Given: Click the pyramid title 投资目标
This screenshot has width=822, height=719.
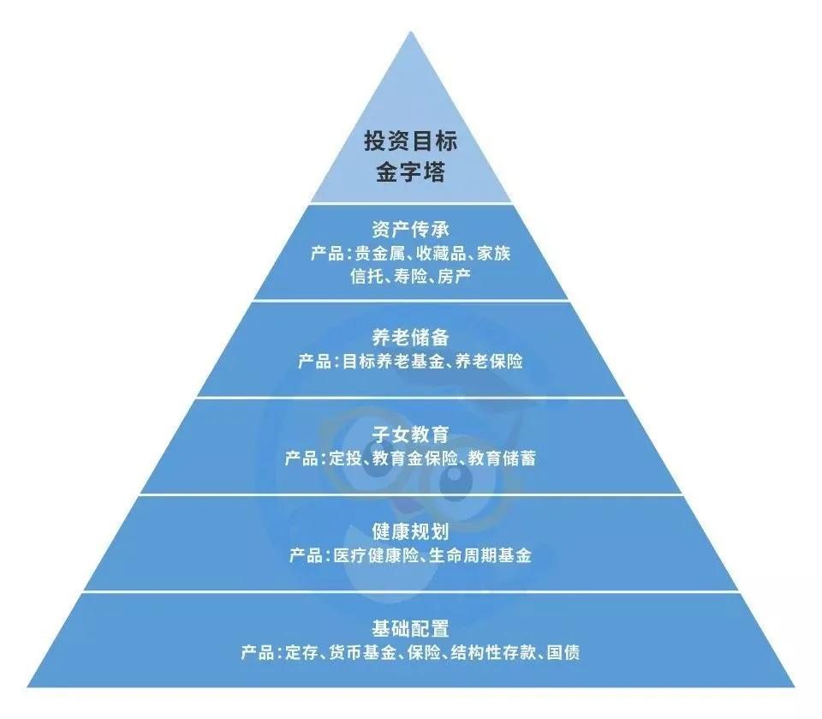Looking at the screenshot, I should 411,141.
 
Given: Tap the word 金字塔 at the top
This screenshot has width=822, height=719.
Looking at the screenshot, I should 411,171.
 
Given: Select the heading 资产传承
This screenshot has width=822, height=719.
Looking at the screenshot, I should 411,230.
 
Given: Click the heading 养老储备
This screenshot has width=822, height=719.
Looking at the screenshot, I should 411,337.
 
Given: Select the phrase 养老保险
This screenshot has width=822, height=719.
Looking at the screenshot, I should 489,361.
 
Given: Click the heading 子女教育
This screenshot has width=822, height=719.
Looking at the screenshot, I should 411,434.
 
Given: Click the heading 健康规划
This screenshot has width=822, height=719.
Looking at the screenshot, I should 411,531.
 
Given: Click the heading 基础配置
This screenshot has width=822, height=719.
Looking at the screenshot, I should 411,628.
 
